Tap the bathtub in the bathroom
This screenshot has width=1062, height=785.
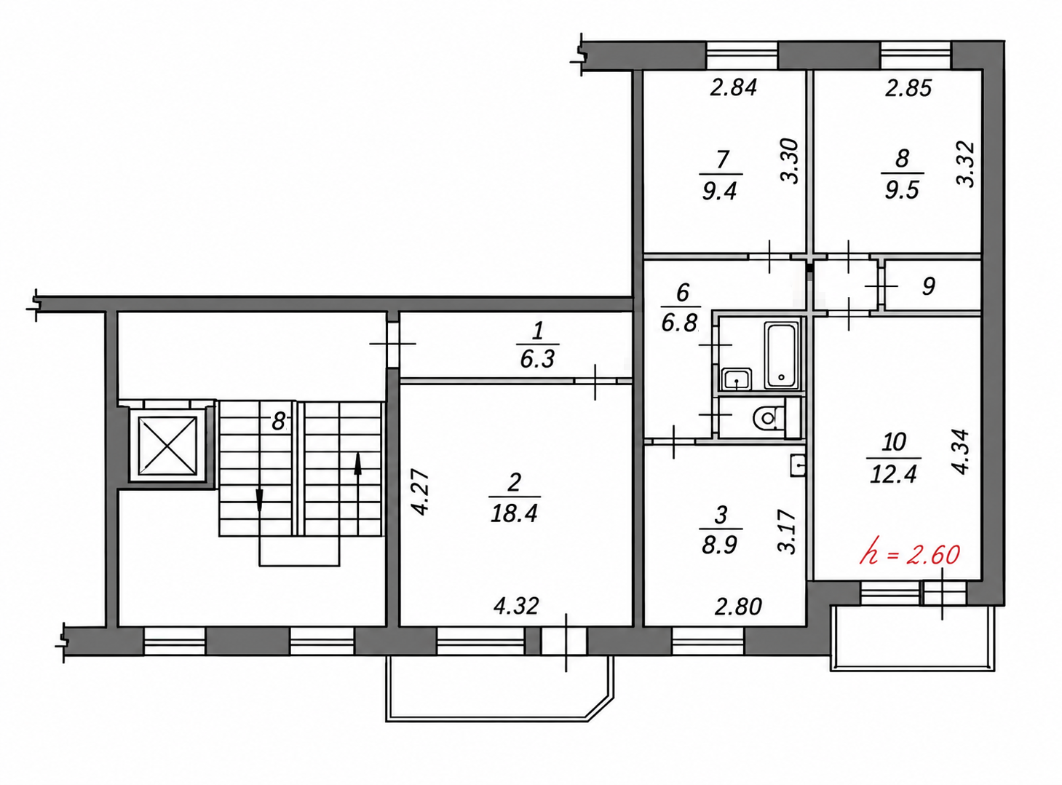pos(782,355)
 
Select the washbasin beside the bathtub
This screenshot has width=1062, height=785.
pos(737,380)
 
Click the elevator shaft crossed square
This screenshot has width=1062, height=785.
pos(167,446)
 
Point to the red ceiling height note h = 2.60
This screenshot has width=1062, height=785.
pos(910,555)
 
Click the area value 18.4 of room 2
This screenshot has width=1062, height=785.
pos(514,514)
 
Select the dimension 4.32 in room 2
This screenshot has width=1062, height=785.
pos(516,607)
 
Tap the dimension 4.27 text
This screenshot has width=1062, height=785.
pos(421,493)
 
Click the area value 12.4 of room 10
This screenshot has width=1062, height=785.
pos(893,475)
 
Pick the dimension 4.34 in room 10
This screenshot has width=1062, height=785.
pos(960,451)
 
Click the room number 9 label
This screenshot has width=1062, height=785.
pos(928,286)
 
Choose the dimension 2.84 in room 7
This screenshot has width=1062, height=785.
pos(733,87)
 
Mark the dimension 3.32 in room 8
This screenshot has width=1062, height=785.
pos(965,163)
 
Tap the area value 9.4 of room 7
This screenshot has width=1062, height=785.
pos(719,191)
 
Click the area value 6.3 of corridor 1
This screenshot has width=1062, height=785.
pos(537,358)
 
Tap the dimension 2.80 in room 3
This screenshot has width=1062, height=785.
pos(738,607)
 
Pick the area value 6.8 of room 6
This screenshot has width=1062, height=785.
pos(679,323)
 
